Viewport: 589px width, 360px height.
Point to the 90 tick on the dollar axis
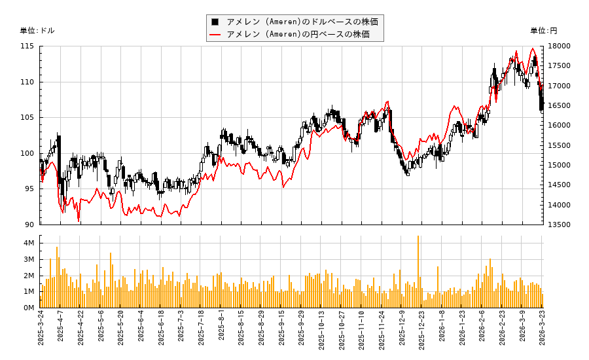[28, 225]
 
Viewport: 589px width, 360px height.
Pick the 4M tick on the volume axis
[29, 243]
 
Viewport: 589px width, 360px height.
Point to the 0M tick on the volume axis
[29, 308]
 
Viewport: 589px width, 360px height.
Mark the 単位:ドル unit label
[37, 31]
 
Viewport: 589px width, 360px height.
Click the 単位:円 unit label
[544, 31]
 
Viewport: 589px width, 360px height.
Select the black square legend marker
[215, 22]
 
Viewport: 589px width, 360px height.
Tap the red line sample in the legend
[215, 34]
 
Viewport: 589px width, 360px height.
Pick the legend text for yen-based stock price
[298, 34]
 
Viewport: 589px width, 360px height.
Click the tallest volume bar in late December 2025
[418, 272]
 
